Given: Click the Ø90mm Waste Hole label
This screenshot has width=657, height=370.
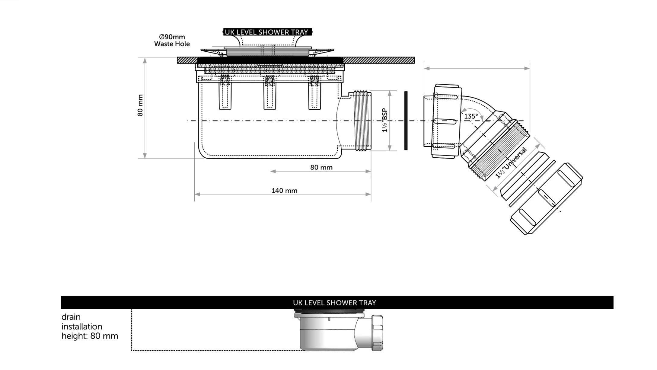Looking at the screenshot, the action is pos(172,40).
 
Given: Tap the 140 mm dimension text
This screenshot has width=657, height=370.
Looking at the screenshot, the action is pos(284,191).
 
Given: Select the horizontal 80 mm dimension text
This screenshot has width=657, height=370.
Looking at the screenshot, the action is pos(321,167).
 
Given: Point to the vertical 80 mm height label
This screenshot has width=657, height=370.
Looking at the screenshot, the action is pos(140,105).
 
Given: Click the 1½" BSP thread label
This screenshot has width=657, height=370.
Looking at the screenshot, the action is pos(384,120).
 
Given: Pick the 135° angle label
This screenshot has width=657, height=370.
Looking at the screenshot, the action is pos(471,116).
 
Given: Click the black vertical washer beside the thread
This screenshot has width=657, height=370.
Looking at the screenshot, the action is pos(406,121).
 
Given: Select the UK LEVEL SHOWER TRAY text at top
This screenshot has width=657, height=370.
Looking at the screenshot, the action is pos(266,32).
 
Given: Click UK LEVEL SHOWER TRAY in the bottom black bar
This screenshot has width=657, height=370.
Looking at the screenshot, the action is pos(334,303).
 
